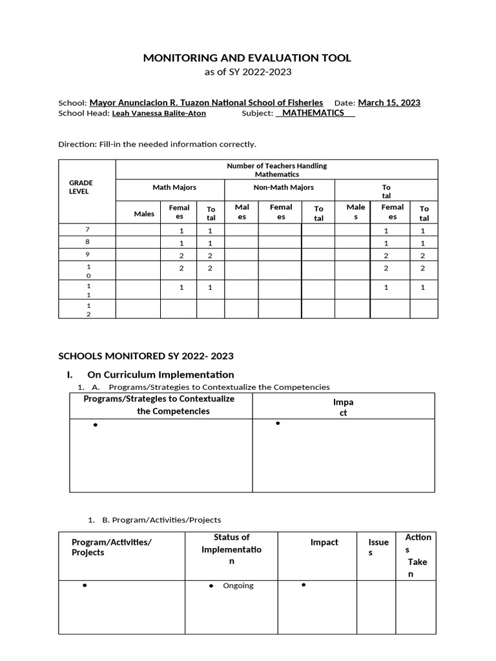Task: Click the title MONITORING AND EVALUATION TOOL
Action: pos(247,58)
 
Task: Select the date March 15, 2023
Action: pos(389,103)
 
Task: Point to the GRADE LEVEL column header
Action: pos(81,187)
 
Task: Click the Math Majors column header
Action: pos(174,187)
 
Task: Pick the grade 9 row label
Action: pos(87,254)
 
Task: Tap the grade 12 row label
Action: pos(88,309)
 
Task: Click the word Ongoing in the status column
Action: pos(238,586)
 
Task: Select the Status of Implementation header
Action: pos(231,549)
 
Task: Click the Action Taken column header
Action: pos(418,555)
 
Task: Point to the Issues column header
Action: pos(378,547)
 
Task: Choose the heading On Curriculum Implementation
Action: pos(160,374)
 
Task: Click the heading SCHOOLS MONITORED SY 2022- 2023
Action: pos(146,356)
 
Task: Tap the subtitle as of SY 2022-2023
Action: pos(248,72)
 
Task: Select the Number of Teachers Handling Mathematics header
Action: pos(276,170)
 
